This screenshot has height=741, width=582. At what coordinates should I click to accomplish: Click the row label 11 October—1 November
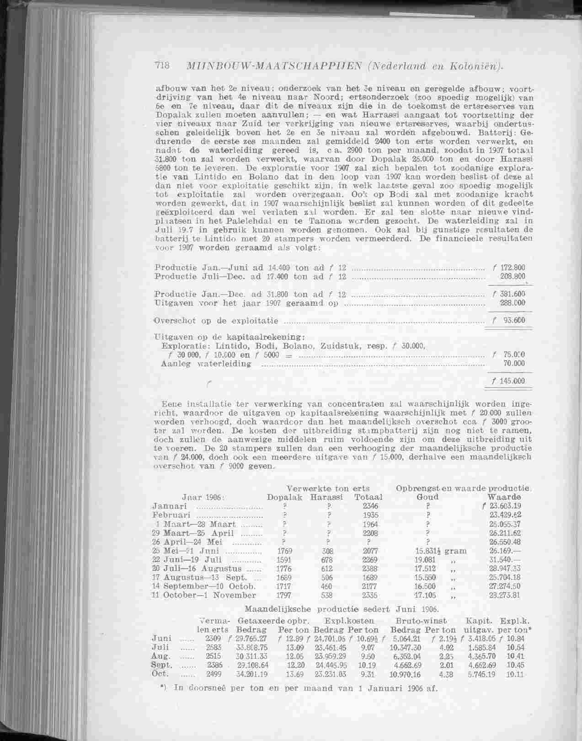click(x=203, y=595)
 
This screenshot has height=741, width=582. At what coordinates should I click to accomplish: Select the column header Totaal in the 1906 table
click(x=368, y=497)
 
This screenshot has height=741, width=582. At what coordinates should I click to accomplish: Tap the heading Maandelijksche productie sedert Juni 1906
click(x=342, y=609)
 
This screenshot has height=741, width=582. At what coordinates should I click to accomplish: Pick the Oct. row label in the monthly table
click(x=160, y=674)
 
